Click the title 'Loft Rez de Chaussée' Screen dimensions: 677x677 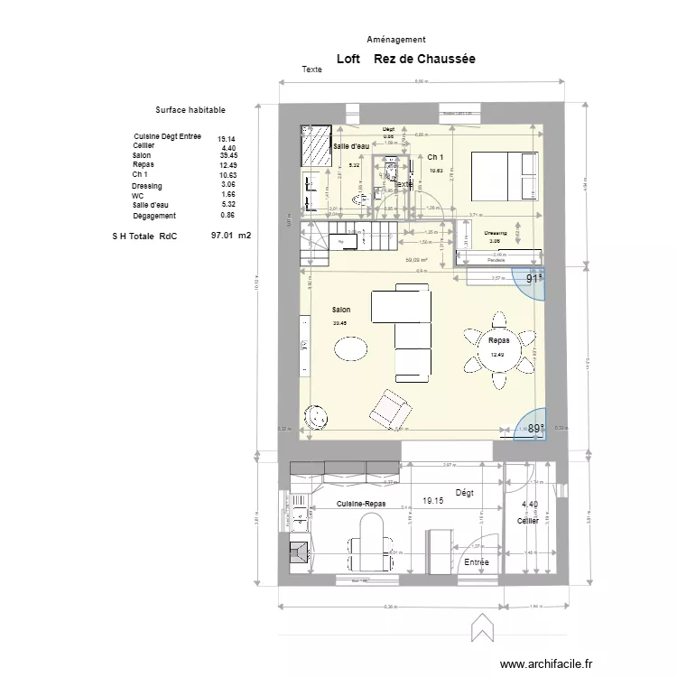(405, 60)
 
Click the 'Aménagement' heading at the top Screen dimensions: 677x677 (396, 40)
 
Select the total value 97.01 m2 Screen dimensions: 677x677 (230, 235)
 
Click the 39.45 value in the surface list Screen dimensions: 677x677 (227, 155)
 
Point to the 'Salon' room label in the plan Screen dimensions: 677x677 (340, 310)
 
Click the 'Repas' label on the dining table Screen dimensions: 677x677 (498, 341)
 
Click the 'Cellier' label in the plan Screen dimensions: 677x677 (528, 521)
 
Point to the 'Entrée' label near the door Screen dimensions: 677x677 (476, 561)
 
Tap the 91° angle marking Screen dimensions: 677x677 (534, 279)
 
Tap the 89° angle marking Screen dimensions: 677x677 (535, 429)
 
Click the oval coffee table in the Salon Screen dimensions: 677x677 (350, 348)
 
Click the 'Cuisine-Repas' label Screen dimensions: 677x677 (362, 504)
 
